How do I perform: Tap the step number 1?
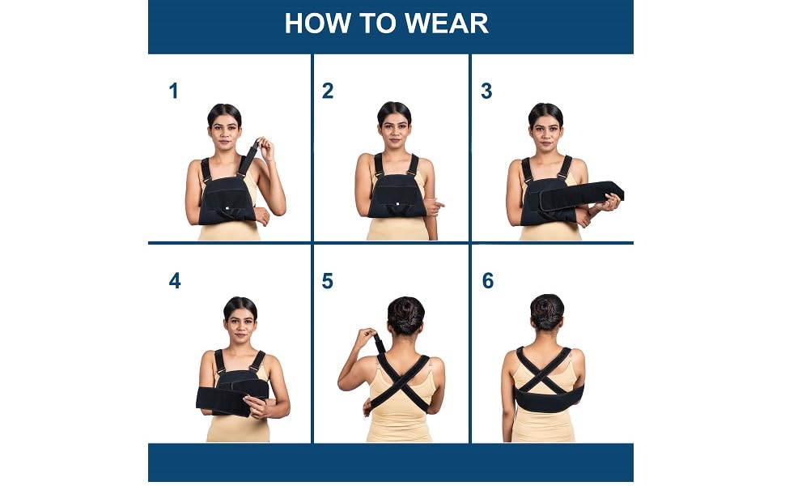(x=173, y=92)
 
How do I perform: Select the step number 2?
(x=327, y=92)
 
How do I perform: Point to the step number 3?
(x=486, y=92)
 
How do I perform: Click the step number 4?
(x=175, y=282)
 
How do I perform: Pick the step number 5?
(x=327, y=282)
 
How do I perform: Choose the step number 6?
(x=487, y=282)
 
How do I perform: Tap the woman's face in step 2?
(x=394, y=128)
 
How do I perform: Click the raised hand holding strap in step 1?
(x=264, y=148)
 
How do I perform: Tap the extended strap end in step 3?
(x=607, y=192)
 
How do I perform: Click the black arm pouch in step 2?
(x=397, y=197)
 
